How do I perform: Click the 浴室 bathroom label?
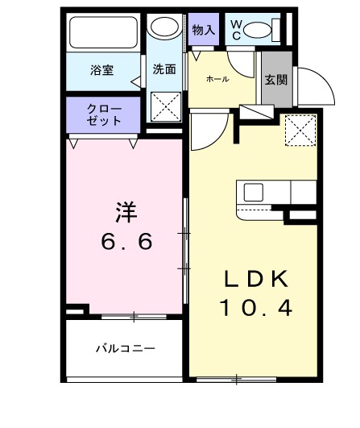[x=101, y=70]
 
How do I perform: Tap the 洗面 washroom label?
[x=164, y=69]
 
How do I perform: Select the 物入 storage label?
[x=205, y=31]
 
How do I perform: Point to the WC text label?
[x=236, y=31]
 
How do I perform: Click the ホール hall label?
[x=217, y=79]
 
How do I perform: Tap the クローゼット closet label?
[x=106, y=114]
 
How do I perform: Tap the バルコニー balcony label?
[x=125, y=349]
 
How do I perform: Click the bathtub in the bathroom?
[x=104, y=34]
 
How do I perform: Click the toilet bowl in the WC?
[x=259, y=31]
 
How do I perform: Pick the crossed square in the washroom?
[x=167, y=106]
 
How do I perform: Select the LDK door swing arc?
[x=205, y=129]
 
